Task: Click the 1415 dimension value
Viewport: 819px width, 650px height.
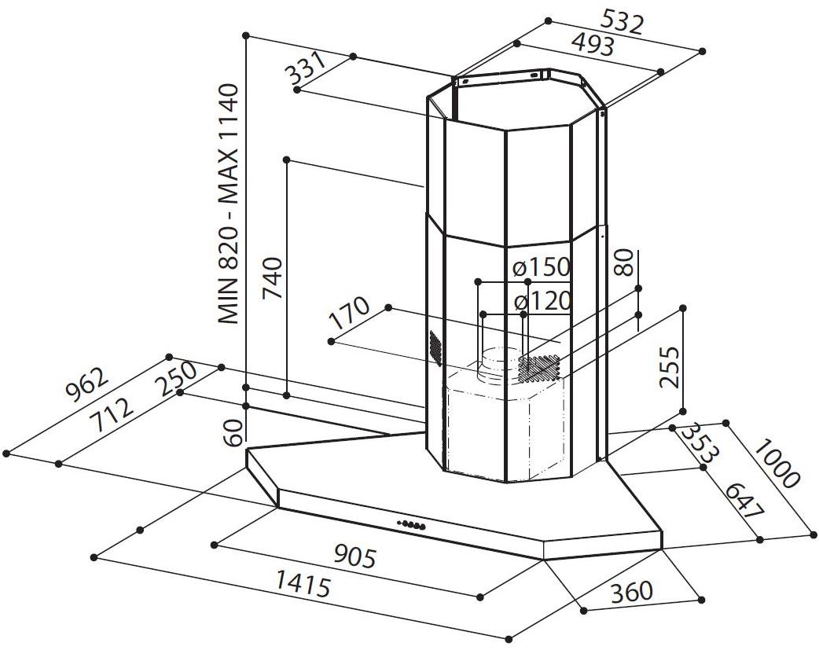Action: pos(302,584)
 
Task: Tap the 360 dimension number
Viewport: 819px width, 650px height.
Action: pos(630,592)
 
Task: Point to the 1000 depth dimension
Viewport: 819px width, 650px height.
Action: pos(775,464)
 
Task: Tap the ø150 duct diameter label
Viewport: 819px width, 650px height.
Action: pos(541,268)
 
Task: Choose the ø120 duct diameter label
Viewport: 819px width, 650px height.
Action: pos(542,301)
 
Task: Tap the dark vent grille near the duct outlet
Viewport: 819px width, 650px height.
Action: pos(538,364)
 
